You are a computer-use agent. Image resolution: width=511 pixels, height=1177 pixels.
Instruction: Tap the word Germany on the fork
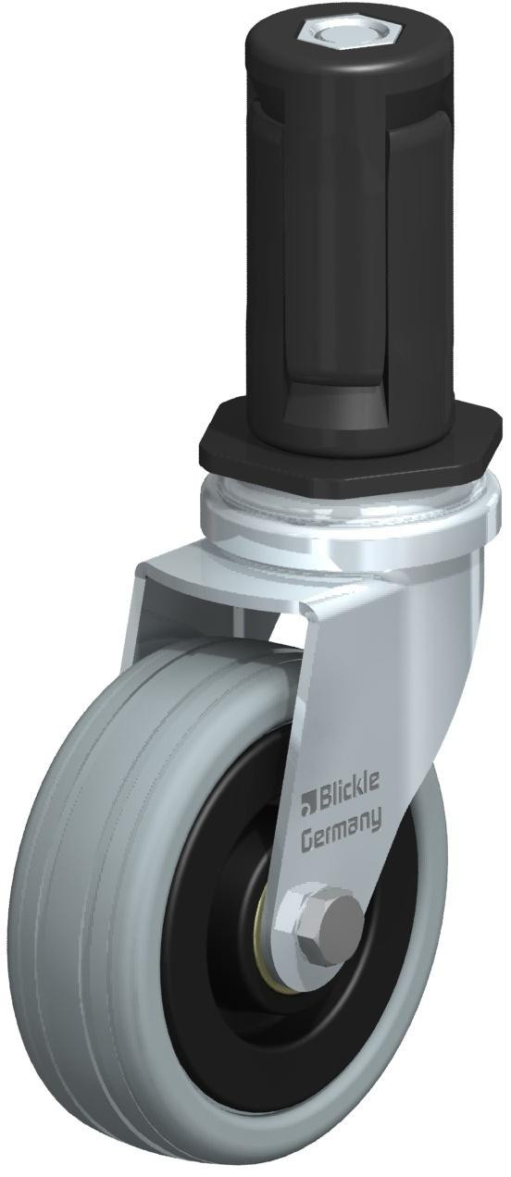click(x=340, y=835)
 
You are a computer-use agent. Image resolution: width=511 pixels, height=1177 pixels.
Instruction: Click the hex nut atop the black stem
click(x=324, y=38)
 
